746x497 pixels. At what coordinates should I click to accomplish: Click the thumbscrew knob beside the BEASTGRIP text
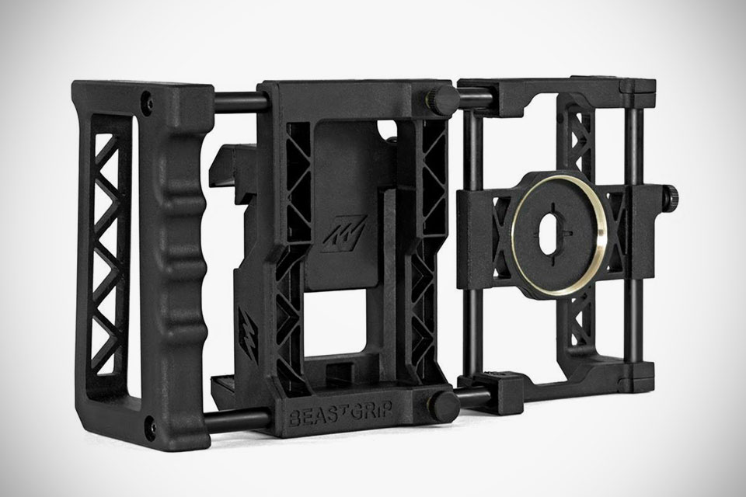tap(444, 404)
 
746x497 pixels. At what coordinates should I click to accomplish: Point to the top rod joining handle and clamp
tap(233, 100)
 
